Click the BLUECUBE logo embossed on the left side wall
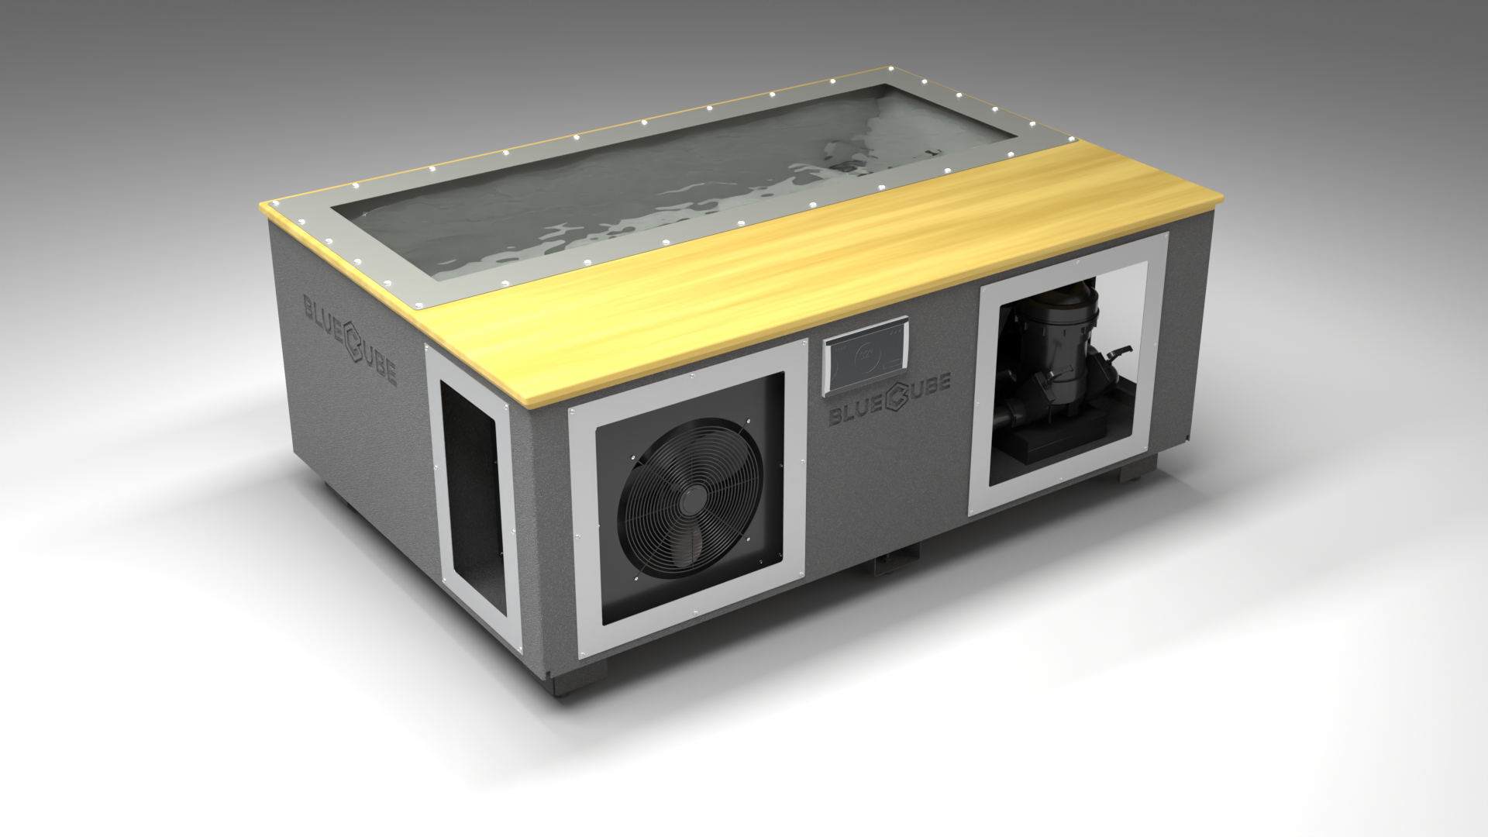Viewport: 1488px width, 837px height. pyautogui.click(x=350, y=339)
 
